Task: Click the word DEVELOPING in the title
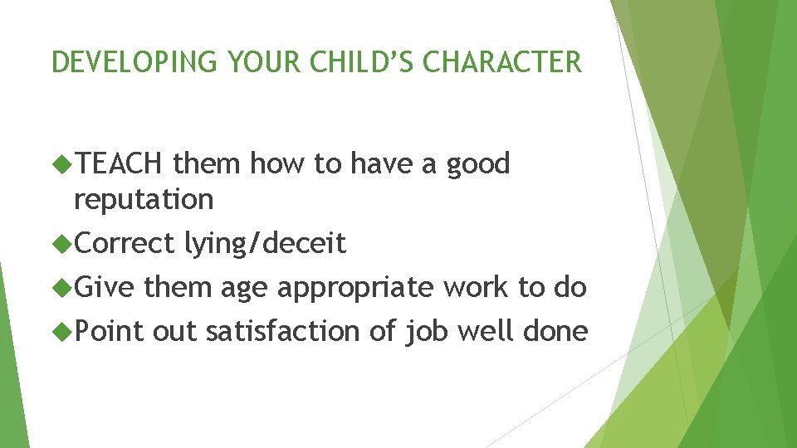(126, 62)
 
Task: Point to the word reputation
(144, 200)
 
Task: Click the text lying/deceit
(265, 243)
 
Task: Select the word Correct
(125, 243)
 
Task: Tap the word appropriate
(355, 287)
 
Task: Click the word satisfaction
(283, 331)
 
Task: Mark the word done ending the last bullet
(555, 331)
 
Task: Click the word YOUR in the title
(248, 62)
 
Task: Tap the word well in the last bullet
(485, 331)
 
